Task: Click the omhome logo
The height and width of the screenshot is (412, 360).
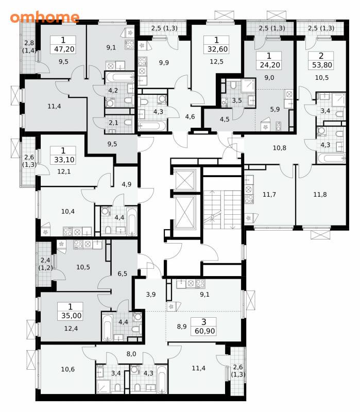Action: (x=45, y=17)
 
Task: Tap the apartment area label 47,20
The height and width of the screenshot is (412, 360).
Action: (x=64, y=49)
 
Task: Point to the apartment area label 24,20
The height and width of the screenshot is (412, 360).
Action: (x=270, y=65)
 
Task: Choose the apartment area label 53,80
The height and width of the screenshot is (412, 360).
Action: (x=322, y=65)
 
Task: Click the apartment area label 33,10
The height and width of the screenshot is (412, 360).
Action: (x=64, y=160)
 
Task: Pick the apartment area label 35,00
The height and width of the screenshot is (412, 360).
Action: (x=71, y=316)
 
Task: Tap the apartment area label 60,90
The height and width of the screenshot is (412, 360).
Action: (x=204, y=331)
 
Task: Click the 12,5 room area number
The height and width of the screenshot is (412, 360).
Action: (x=216, y=62)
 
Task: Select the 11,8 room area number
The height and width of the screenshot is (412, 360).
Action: (x=320, y=195)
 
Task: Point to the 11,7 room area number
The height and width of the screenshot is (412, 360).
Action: (x=269, y=195)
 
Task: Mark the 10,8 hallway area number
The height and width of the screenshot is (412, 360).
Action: (x=279, y=148)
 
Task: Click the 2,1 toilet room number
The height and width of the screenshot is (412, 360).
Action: (x=113, y=123)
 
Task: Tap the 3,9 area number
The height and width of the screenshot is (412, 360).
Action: (x=151, y=295)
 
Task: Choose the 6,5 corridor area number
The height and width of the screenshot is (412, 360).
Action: (x=122, y=274)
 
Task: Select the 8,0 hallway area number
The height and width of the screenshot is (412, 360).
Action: (x=131, y=354)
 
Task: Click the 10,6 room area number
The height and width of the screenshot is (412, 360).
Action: (x=68, y=369)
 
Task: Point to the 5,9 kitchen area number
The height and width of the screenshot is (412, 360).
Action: (x=275, y=109)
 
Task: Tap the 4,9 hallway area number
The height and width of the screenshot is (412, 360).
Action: (x=126, y=184)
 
